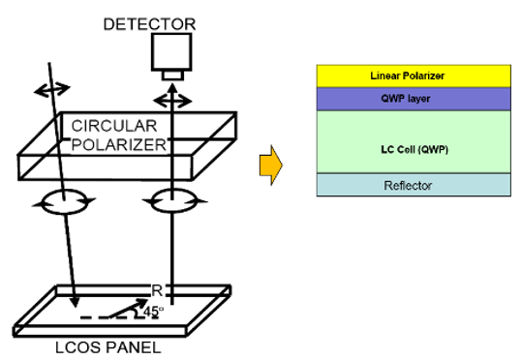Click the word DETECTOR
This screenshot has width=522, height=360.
click(149, 24)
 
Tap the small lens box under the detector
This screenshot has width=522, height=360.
click(172, 75)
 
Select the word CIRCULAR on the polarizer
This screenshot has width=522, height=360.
click(114, 126)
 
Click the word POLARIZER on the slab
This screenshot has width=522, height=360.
click(118, 145)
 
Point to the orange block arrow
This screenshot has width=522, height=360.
click(271, 165)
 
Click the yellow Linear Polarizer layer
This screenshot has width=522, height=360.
click(414, 76)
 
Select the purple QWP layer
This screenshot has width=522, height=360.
click(414, 99)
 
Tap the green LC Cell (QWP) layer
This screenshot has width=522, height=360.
click(414, 142)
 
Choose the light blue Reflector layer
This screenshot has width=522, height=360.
click(414, 185)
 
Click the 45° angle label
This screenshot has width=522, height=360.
click(153, 312)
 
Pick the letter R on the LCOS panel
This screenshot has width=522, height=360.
click(157, 290)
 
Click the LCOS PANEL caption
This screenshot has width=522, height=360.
click(108, 347)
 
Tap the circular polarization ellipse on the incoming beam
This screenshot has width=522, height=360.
click(64, 201)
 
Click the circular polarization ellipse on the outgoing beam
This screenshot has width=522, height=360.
click(173, 200)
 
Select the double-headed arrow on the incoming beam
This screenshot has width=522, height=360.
click(52, 89)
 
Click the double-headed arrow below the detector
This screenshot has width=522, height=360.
click(172, 101)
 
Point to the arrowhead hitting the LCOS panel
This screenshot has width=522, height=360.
click(75, 302)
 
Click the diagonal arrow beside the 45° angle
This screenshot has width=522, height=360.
click(128, 308)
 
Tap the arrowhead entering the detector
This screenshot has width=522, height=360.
click(172, 87)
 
